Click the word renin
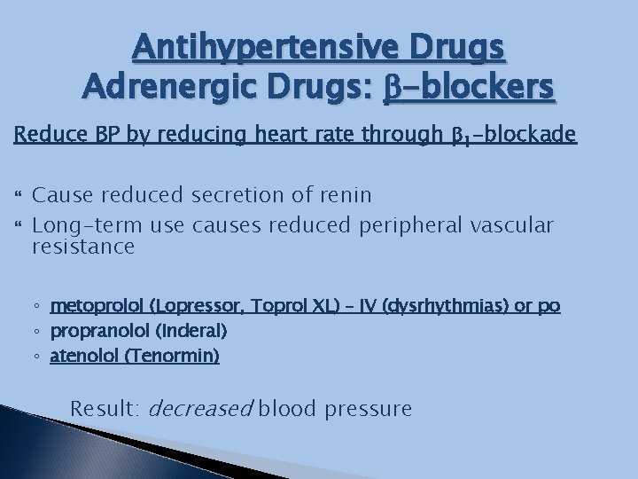pos(341,194)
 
